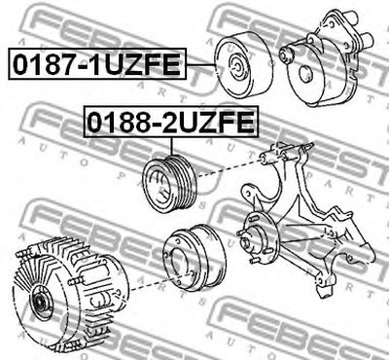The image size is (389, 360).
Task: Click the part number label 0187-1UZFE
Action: [x=97, y=63]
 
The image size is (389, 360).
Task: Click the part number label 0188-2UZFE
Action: [x=171, y=122]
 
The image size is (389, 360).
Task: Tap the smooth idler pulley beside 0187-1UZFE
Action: [x=243, y=65]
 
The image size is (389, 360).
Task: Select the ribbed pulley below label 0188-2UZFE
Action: [x=170, y=184]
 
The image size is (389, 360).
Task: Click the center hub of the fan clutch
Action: [x=41, y=303]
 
